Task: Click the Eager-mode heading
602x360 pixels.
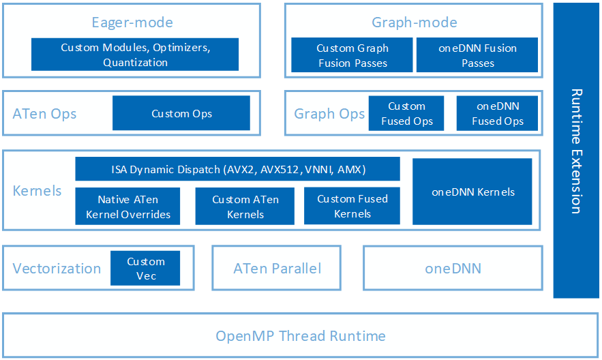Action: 132,22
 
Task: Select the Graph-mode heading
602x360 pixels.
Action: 414,22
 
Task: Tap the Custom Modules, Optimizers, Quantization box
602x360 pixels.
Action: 135,55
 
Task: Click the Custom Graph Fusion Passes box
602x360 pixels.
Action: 352,55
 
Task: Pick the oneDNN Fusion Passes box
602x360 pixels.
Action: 477,55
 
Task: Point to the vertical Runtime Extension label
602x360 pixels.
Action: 576,151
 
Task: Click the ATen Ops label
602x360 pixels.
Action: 44,114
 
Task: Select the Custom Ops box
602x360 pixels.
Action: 181,113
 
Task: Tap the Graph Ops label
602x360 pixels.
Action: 329,114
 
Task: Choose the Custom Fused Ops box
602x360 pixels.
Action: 406,113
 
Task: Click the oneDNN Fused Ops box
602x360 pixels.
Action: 498,113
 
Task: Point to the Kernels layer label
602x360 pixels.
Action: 37,191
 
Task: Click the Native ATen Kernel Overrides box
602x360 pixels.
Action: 127,207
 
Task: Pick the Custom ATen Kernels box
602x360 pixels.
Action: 245,207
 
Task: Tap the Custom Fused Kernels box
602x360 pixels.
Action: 352,206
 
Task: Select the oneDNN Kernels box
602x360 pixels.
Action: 472,192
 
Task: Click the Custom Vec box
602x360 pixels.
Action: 145,268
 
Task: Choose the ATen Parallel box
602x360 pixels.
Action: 277,269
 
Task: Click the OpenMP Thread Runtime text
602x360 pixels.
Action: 300,336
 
